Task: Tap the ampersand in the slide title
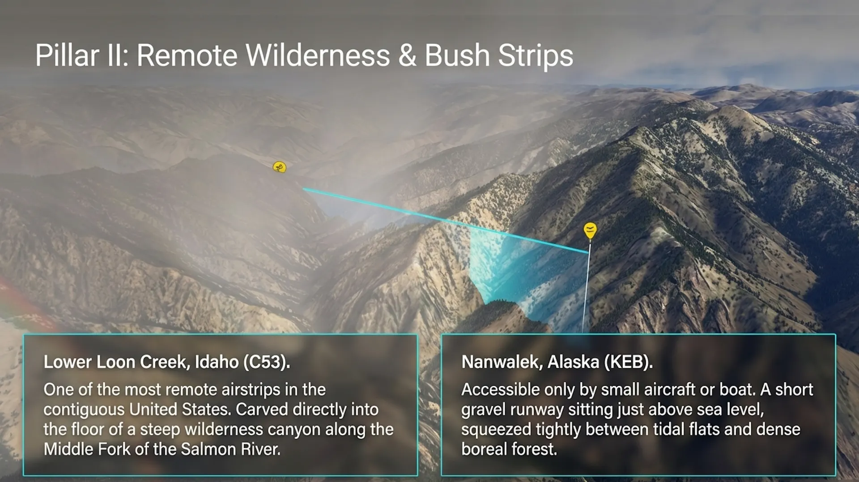pos(407,56)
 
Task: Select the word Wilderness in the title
pos(317,55)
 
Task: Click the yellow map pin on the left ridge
pos(280,167)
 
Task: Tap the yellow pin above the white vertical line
pos(590,230)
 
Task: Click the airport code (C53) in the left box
pos(266,362)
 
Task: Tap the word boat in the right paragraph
pos(736,390)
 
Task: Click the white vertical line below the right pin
pos(586,287)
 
